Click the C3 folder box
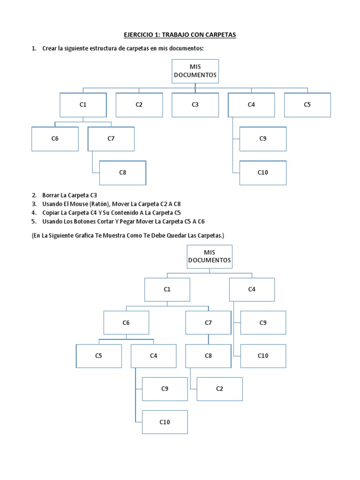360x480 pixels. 195,105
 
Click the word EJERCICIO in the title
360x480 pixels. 140,35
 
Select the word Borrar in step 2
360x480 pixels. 52,195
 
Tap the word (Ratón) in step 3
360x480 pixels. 106,204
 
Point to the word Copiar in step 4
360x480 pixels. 52,212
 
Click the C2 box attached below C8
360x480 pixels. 219,389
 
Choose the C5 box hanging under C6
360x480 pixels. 98,356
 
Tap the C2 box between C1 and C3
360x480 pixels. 139,105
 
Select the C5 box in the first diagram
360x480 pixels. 307,105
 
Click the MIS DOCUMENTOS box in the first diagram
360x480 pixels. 195,71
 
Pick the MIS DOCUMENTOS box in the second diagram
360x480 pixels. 210,256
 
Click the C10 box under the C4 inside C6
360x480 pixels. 165,422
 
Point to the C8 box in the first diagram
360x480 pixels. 122,172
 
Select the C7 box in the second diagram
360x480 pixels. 208,322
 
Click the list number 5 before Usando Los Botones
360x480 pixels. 34,221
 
